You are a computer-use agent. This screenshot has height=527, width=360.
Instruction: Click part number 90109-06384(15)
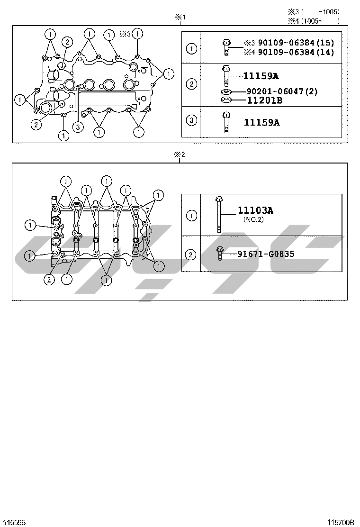point(296,43)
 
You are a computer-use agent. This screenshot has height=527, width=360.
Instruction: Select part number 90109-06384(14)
point(296,52)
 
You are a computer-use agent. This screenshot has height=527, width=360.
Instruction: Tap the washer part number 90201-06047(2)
point(282,91)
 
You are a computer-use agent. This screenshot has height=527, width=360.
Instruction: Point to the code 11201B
point(265,100)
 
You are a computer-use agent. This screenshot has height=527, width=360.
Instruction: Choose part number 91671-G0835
point(266,254)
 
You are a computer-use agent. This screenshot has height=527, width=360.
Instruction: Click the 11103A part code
point(256,210)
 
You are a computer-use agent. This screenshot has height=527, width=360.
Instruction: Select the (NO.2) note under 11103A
point(253,220)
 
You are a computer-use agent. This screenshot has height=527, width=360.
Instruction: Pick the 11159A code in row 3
point(261,122)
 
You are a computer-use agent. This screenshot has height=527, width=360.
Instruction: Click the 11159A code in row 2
point(261,76)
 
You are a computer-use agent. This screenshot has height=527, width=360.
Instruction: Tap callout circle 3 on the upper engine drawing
point(78,127)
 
